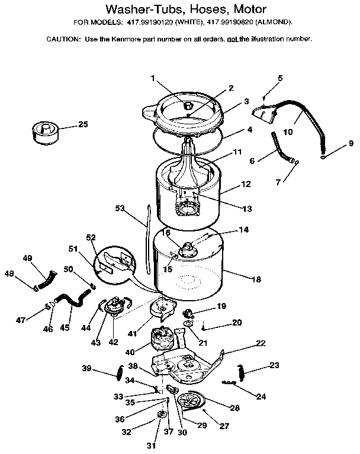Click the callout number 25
[83, 124]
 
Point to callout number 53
[120, 208]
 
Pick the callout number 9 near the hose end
[351, 143]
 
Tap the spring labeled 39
[119, 372]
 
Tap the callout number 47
[21, 320]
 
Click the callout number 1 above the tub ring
[152, 78]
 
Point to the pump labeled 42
[112, 307]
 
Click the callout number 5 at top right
[280, 78]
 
